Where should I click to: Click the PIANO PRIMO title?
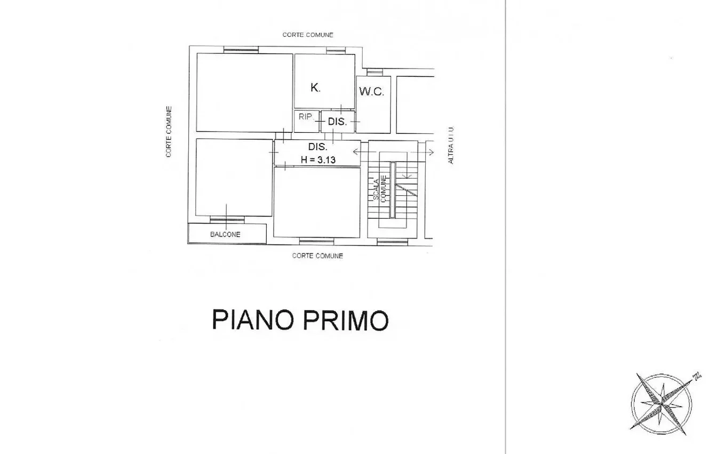tap(300, 320)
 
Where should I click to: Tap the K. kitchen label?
tap(315, 87)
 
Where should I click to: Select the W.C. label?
tap(371, 92)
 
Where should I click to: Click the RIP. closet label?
tap(305, 116)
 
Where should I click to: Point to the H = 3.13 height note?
tap(318, 160)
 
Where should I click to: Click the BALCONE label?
tap(225, 234)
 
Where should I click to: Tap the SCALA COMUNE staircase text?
tap(380, 189)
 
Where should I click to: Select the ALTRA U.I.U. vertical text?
tap(451, 145)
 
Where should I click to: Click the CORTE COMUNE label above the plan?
tap(308, 35)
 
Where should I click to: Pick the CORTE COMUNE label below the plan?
tap(317, 256)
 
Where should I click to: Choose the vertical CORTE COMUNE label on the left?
tap(169, 132)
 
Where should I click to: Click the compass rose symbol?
tap(662, 404)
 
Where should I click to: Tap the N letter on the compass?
tap(697, 376)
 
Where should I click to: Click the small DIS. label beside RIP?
tap(337, 122)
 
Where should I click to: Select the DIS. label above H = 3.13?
tap(317, 147)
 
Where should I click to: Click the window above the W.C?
tap(375, 72)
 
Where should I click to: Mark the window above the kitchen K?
tap(336, 50)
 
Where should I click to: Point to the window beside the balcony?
tap(227, 220)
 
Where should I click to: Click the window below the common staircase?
tap(393, 242)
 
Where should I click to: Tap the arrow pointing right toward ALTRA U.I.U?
tap(423, 152)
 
